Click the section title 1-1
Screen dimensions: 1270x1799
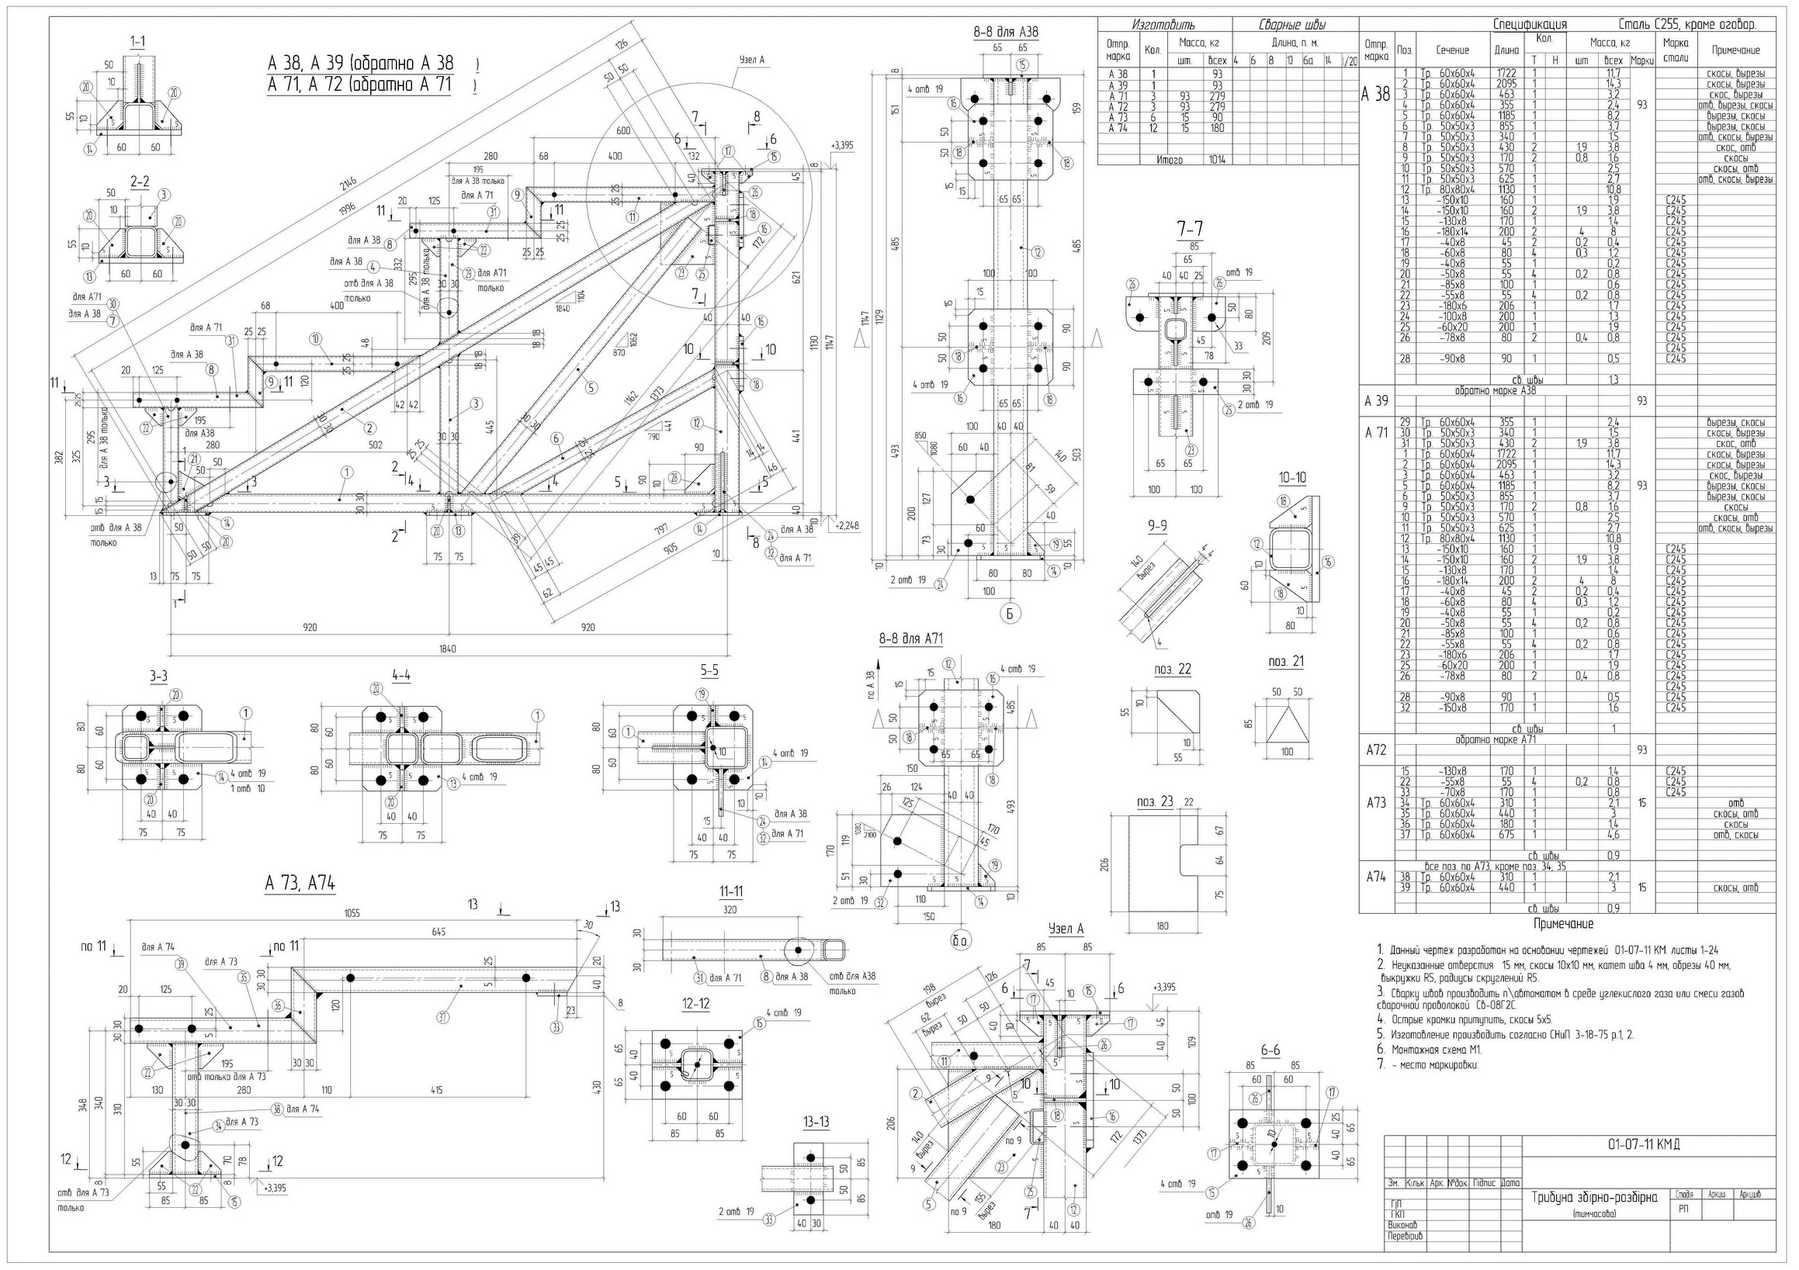138,42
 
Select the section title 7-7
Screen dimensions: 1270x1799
1190,229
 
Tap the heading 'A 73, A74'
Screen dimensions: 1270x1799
300,884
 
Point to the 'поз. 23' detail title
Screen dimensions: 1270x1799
1155,802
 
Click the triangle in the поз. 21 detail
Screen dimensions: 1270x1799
1288,724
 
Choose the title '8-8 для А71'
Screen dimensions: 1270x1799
910,639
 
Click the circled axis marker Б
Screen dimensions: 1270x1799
1009,614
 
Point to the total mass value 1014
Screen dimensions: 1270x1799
1217,160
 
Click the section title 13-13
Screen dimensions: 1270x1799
816,1122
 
